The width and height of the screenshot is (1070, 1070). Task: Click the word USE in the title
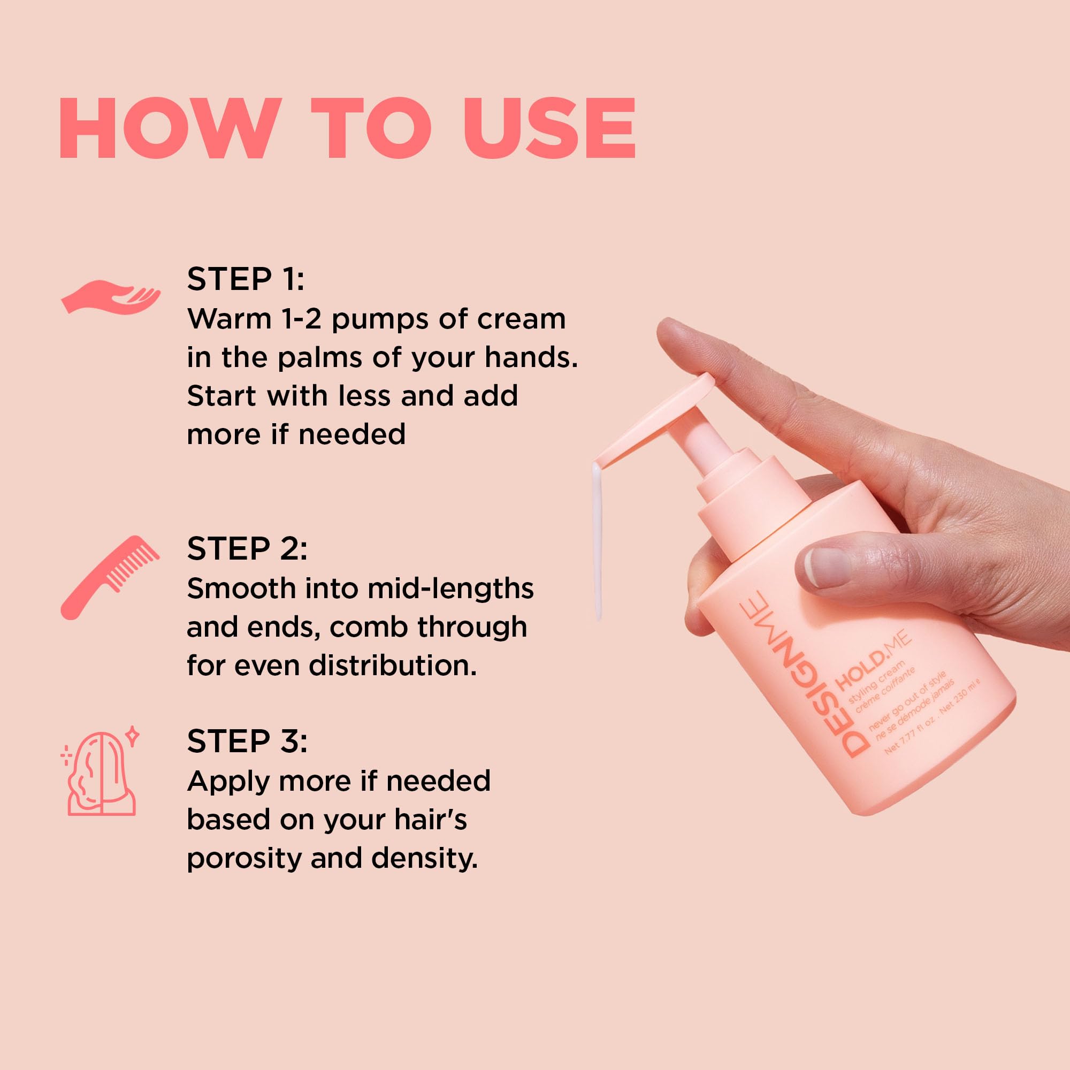click(x=549, y=128)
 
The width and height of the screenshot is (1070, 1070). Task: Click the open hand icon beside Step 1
click(x=110, y=297)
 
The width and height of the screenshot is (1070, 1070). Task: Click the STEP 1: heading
click(x=246, y=279)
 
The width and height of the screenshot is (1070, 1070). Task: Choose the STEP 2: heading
click(x=247, y=548)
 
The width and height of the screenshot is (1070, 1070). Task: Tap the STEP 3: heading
click(x=247, y=741)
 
